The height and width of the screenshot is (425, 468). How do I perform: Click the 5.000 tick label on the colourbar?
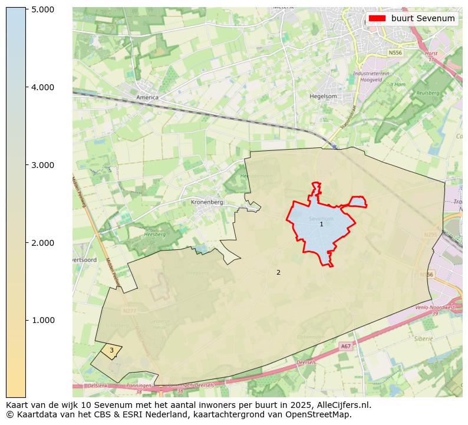click(42, 9)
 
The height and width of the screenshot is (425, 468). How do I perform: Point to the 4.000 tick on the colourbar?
click(42, 87)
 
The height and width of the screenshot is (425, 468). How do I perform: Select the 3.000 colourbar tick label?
click(42, 165)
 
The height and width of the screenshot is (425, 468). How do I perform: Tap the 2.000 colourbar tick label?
click(42, 243)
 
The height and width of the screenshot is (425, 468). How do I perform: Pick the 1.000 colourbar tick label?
click(42, 320)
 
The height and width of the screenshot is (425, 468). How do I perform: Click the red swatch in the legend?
click(377, 18)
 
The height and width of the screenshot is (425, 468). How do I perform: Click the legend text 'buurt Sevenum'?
click(423, 18)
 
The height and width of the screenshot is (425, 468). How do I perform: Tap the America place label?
click(147, 97)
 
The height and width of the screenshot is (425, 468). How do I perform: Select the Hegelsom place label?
click(323, 96)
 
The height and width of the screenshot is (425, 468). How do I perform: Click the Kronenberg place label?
click(207, 202)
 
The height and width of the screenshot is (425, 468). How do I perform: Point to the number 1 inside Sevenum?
click(321, 224)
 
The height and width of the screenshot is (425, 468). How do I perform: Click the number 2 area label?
click(278, 272)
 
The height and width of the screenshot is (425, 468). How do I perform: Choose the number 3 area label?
click(111, 350)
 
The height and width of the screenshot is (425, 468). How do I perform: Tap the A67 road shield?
click(345, 347)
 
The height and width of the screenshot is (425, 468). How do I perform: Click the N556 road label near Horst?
click(394, 52)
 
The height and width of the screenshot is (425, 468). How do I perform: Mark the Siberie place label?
click(423, 339)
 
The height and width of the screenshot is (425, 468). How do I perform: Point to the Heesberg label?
click(154, 234)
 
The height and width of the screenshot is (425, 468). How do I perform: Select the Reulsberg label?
click(428, 93)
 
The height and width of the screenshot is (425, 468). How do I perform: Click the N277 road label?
click(129, 311)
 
